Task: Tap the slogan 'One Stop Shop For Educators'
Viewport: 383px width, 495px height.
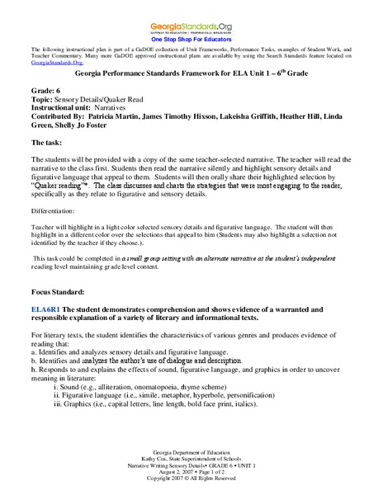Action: (191, 38)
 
